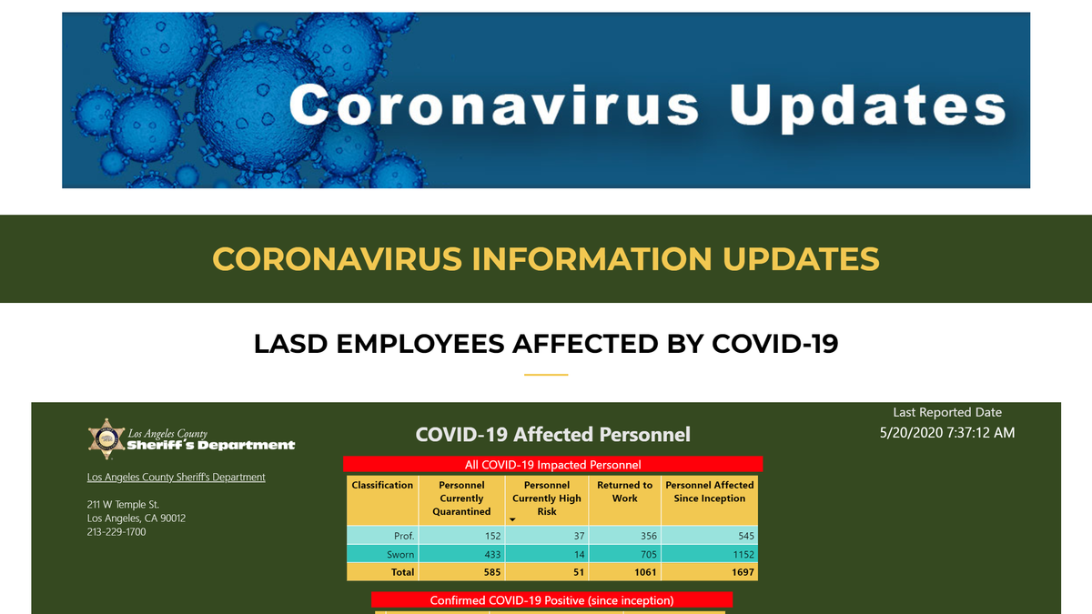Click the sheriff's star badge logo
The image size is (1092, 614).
tap(106, 439)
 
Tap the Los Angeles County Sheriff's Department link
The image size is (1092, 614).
tap(176, 477)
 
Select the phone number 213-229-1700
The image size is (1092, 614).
tap(116, 531)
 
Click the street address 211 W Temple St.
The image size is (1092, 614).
tap(123, 504)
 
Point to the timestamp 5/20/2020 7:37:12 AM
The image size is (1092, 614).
tap(947, 433)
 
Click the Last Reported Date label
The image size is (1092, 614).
tap(947, 412)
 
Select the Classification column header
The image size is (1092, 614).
tap(382, 485)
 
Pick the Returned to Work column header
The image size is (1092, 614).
tap(624, 492)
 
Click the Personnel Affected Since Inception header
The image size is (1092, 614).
tap(709, 492)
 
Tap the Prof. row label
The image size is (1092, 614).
tap(404, 536)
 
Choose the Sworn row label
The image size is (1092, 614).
tap(400, 555)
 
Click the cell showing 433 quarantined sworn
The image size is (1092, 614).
tap(492, 555)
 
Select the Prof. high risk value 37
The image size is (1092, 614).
tap(579, 536)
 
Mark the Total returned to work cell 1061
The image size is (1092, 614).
tap(645, 572)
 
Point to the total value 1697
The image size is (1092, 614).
tap(743, 572)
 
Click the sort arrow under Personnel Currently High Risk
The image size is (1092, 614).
tap(512, 519)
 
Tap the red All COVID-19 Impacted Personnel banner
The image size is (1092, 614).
tap(553, 465)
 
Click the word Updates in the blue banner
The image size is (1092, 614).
tap(868, 106)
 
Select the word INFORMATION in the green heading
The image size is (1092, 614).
tap(591, 258)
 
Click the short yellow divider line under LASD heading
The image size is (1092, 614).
tap(546, 375)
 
